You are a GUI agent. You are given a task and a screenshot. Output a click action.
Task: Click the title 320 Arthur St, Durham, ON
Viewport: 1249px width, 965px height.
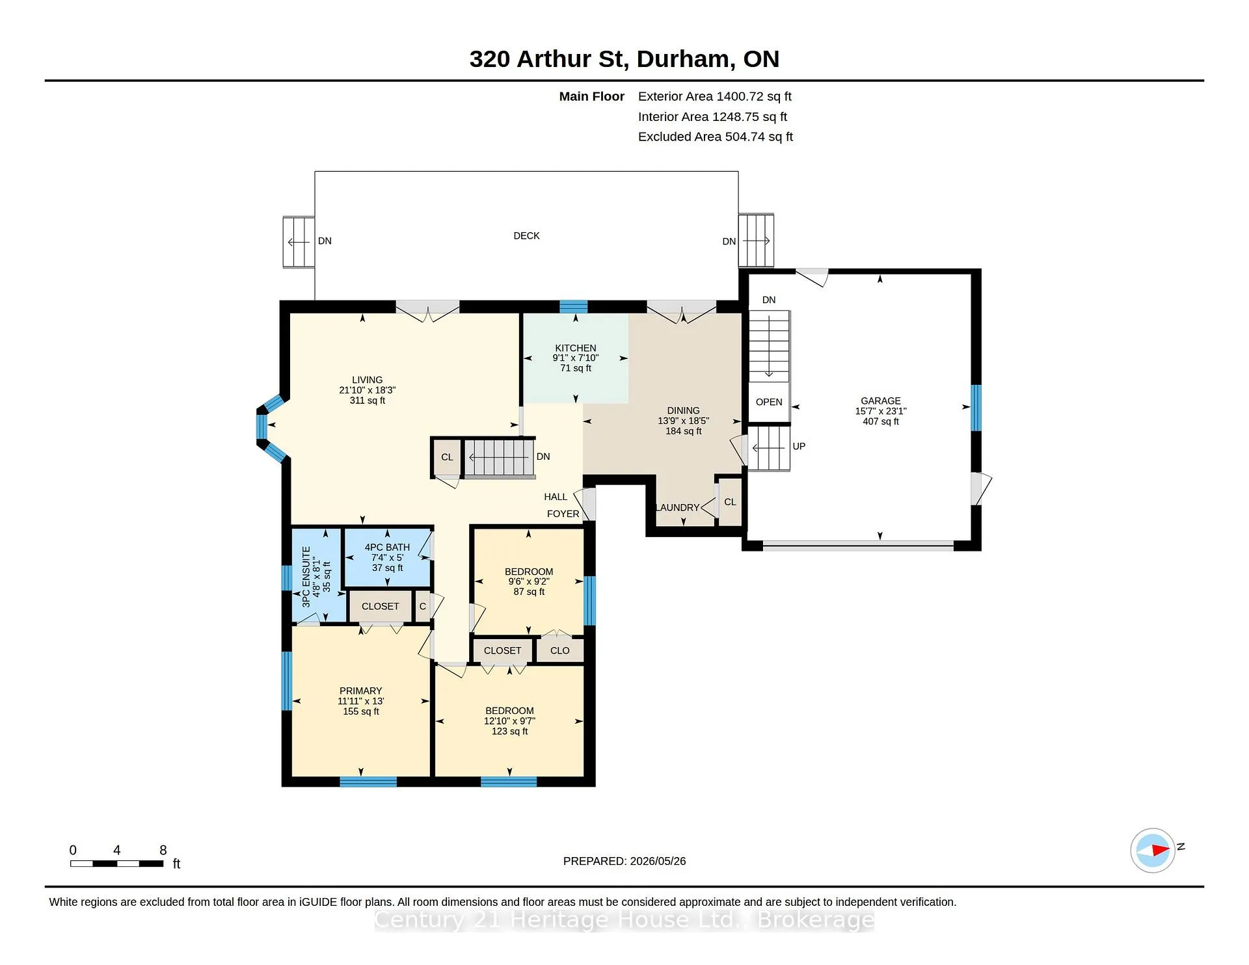click(x=624, y=59)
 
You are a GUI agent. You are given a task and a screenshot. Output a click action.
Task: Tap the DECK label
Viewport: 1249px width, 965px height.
click(x=526, y=236)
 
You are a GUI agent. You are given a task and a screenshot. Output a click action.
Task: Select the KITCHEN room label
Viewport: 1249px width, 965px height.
click(x=576, y=348)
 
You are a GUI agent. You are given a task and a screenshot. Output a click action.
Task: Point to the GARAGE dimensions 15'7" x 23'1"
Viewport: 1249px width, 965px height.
click(x=881, y=411)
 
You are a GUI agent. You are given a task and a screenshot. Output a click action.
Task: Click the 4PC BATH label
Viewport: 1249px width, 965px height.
click(x=387, y=548)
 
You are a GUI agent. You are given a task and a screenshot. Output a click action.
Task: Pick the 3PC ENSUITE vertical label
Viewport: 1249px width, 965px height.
click(x=306, y=577)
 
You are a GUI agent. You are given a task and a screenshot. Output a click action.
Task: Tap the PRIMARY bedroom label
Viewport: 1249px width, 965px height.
click(x=360, y=691)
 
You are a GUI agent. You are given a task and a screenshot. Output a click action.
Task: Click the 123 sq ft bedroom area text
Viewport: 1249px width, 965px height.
click(x=509, y=732)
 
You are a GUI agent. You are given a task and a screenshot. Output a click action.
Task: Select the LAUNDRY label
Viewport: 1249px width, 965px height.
click(x=678, y=508)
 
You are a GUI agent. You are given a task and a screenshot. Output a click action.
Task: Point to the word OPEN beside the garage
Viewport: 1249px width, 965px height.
click(x=769, y=403)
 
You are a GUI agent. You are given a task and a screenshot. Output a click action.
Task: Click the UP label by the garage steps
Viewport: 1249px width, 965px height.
click(x=799, y=447)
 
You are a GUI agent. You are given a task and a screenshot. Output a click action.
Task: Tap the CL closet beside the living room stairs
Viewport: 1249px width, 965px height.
click(x=447, y=457)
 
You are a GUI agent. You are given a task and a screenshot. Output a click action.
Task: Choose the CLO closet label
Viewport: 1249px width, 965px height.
click(x=559, y=651)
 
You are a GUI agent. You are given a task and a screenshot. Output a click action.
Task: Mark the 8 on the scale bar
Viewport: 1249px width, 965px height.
click(x=163, y=850)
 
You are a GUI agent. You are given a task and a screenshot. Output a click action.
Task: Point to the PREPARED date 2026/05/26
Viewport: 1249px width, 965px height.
click(x=658, y=861)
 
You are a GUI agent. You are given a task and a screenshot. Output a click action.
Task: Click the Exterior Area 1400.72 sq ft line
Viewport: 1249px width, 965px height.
click(x=714, y=96)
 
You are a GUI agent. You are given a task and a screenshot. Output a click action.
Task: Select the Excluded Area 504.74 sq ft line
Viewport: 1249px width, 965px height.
click(x=715, y=137)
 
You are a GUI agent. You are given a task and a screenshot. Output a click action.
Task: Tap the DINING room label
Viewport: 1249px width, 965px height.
click(x=683, y=410)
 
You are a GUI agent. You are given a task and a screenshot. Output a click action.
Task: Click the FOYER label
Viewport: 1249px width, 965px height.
click(x=563, y=514)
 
